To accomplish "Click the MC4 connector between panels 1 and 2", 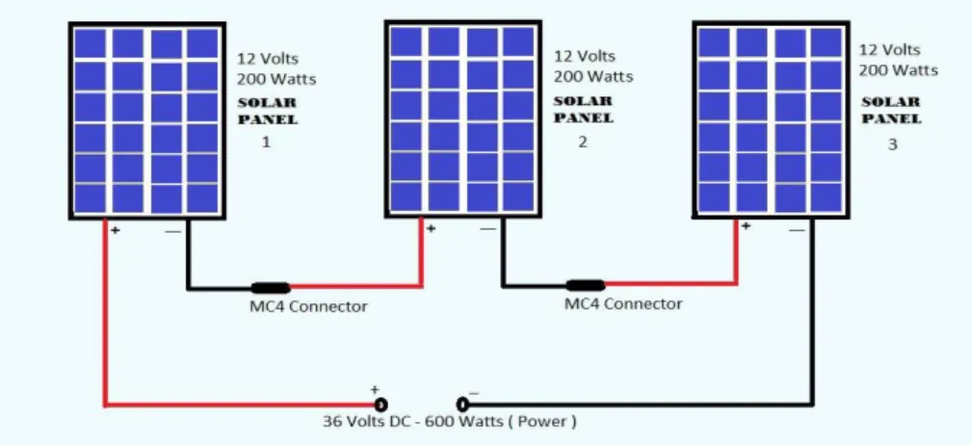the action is coord(271,288).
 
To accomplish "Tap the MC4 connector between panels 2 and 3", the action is coord(586,285).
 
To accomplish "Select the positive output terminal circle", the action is coord(381,405).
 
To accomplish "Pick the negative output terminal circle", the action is coord(462,405).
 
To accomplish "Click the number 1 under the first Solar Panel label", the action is coord(266,142).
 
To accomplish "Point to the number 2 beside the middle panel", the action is coord(582,142).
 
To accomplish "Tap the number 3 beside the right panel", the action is coord(892,144).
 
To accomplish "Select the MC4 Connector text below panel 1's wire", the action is coord(308,306).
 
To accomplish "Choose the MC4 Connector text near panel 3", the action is coord(623,303).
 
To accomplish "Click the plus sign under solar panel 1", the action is coord(116,230).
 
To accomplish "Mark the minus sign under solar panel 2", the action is coord(487,229).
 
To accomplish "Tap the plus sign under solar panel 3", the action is coord(746,226).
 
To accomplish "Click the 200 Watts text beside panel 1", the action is coord(276,79).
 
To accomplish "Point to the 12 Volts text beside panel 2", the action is coord(585,56).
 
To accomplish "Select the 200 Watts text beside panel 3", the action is coord(898,70).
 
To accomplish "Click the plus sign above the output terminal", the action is coord(374,390).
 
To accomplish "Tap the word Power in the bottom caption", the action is coord(541,422).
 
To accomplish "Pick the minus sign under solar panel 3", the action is coord(798,230).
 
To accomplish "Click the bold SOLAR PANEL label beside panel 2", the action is coord(584,109).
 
